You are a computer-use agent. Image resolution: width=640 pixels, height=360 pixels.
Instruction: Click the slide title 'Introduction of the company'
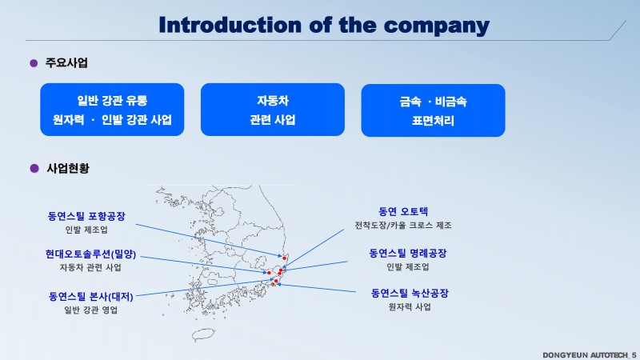pyautogui.click(x=324, y=26)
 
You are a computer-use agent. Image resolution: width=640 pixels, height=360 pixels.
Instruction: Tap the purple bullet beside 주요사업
pyautogui.click(x=34, y=63)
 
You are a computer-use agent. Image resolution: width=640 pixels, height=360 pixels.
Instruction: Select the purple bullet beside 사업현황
pyautogui.click(x=34, y=168)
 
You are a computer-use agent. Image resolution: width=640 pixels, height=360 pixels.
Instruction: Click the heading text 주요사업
pyautogui.click(x=66, y=63)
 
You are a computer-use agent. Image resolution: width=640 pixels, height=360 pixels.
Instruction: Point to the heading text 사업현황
pyautogui.click(x=68, y=168)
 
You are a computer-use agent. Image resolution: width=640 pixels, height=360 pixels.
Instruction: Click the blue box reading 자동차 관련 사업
pyautogui.click(x=273, y=110)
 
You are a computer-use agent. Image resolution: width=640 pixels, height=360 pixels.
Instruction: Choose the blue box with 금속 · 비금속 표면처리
pyautogui.click(x=433, y=110)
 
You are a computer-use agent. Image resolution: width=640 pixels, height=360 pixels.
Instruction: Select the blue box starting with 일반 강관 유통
pyautogui.click(x=112, y=110)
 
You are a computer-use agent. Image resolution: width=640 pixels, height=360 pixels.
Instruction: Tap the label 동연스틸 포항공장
pyautogui.click(x=86, y=216)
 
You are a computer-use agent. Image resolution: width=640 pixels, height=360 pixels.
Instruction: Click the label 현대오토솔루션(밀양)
pyautogui.click(x=90, y=254)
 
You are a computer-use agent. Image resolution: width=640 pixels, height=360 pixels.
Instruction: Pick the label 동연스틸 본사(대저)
pyautogui.click(x=91, y=296)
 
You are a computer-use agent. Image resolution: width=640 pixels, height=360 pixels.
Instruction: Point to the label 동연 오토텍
pyautogui.click(x=403, y=211)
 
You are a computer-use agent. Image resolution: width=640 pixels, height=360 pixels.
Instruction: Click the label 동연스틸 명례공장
pyautogui.click(x=408, y=253)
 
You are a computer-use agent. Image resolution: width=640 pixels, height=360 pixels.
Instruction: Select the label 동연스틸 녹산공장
pyautogui.click(x=410, y=293)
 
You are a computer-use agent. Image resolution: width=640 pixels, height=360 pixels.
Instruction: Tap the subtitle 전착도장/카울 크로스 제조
pyautogui.click(x=403, y=226)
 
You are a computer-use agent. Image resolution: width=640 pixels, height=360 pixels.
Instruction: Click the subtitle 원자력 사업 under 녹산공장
pyautogui.click(x=410, y=306)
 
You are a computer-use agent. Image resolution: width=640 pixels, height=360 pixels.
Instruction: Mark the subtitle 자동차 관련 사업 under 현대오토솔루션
pyautogui.click(x=90, y=267)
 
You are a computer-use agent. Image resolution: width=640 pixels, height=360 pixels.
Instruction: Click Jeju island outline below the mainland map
pyautogui.click(x=203, y=334)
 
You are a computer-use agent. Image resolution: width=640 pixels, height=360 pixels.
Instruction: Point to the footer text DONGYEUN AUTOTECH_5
pyautogui.click(x=590, y=355)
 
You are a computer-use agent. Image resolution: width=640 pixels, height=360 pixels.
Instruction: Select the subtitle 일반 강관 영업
pyautogui.click(x=91, y=310)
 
